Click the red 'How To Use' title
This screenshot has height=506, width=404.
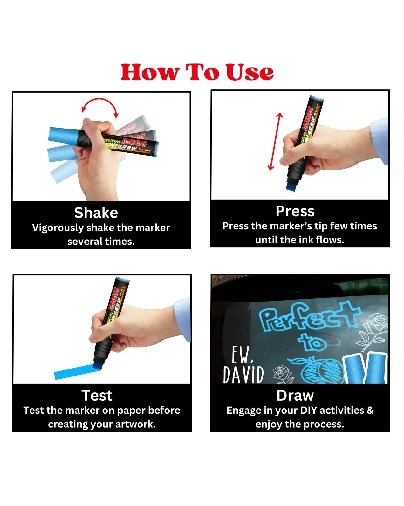coord(197,72)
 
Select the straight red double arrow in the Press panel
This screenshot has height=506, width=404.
coord(275,141)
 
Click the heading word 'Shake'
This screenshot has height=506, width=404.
coord(96,213)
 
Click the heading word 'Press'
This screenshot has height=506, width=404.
coord(295,211)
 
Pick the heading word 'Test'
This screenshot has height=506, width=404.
coord(97,396)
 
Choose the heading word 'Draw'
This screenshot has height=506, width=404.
coord(295,396)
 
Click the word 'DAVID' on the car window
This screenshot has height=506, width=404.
coord(243,375)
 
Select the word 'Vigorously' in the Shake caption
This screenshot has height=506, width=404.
coord(58,228)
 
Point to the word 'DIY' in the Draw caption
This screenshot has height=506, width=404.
coord(308,411)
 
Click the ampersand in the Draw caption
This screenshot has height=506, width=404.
coord(370,411)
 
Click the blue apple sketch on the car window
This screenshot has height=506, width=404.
coord(318,369)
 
